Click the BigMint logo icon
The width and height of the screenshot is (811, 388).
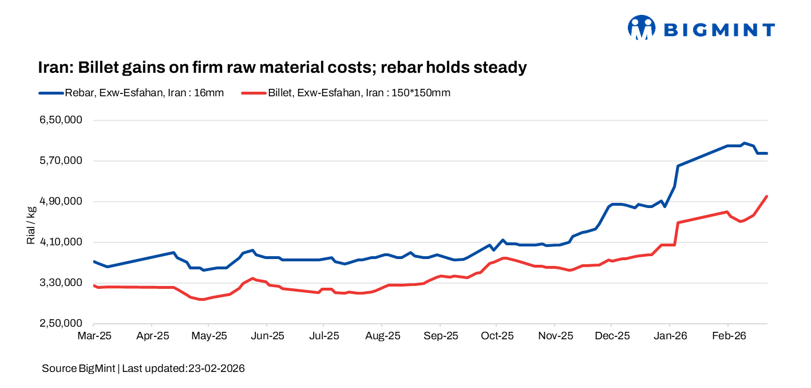point(641,28)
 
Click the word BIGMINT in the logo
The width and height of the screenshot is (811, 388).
point(719,30)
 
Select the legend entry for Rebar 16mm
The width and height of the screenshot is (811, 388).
point(131,92)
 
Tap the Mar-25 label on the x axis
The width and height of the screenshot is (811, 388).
point(94,336)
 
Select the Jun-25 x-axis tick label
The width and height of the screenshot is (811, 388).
point(267,336)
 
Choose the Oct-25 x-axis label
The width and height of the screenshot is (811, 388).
point(497,336)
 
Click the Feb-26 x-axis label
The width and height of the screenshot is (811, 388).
point(727,336)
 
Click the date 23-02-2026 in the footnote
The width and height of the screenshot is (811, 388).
point(216,369)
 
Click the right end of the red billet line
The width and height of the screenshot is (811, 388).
point(766,196)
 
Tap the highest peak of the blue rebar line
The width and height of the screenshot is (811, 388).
point(743,143)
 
